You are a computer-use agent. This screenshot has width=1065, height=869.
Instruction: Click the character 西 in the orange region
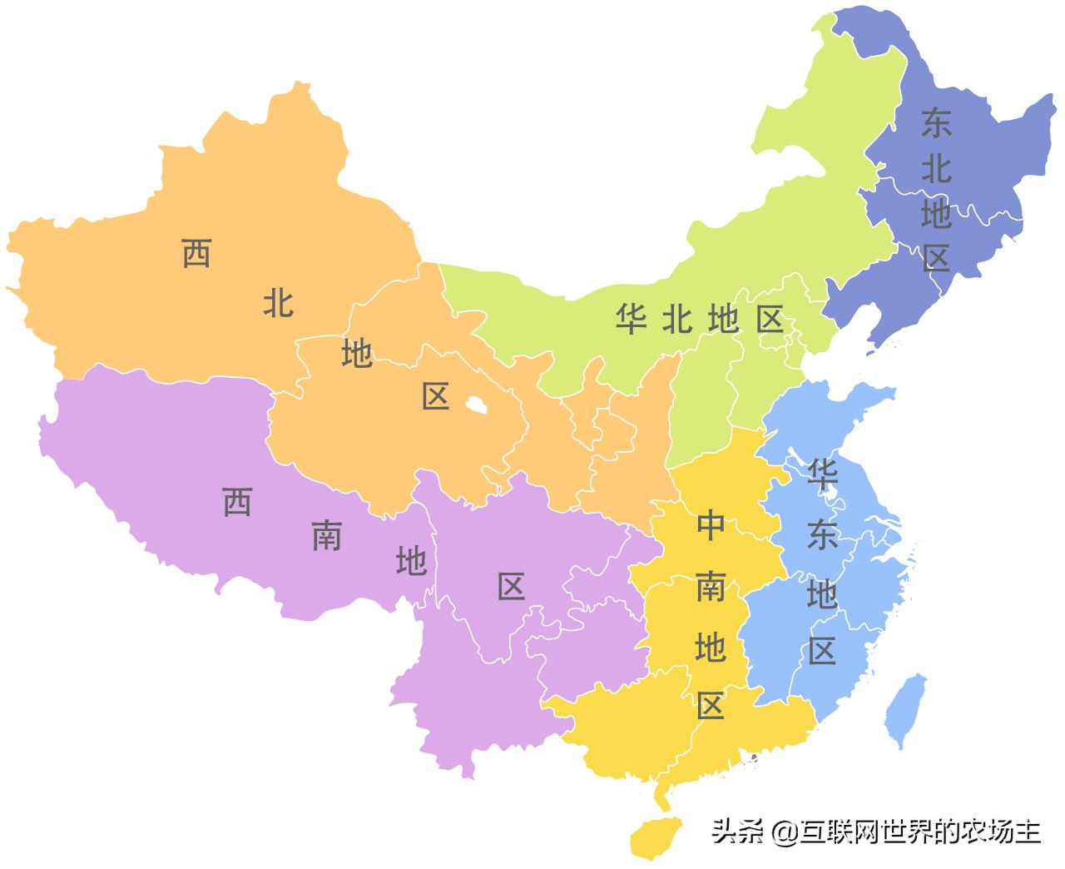(196, 253)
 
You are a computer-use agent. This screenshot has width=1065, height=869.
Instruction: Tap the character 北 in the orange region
(278, 303)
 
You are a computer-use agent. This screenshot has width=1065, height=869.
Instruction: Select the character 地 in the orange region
(357, 354)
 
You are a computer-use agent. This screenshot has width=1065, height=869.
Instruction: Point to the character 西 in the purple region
(237, 502)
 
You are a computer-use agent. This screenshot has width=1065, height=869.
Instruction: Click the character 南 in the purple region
(326, 537)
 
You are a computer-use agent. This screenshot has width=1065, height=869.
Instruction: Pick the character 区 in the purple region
(511, 587)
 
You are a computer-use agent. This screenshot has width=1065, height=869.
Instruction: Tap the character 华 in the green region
(632, 319)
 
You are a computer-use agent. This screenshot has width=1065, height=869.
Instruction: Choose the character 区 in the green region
(770, 319)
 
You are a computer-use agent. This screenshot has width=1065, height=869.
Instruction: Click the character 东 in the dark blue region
(936, 124)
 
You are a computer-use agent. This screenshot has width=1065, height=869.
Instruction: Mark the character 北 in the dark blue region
(936, 170)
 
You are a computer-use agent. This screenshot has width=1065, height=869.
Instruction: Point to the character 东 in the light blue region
(822, 537)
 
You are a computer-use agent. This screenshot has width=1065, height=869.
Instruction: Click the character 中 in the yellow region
(711, 526)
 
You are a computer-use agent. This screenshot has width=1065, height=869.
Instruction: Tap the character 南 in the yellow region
(711, 588)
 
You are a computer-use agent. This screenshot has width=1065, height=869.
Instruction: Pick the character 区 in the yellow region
(711, 707)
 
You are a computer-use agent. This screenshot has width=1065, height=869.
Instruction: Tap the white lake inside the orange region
(475, 406)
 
